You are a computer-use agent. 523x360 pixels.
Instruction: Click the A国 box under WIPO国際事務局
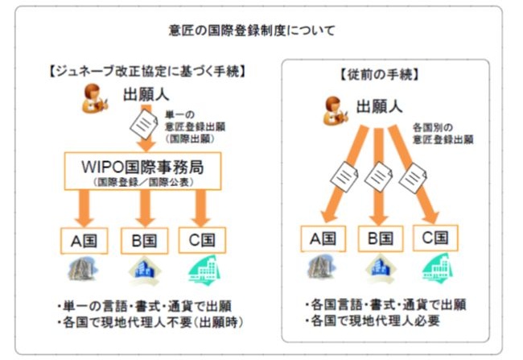tap(83, 239)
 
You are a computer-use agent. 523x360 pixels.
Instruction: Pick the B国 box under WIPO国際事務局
tap(145, 239)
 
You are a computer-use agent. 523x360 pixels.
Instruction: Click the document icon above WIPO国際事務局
tap(143, 124)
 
